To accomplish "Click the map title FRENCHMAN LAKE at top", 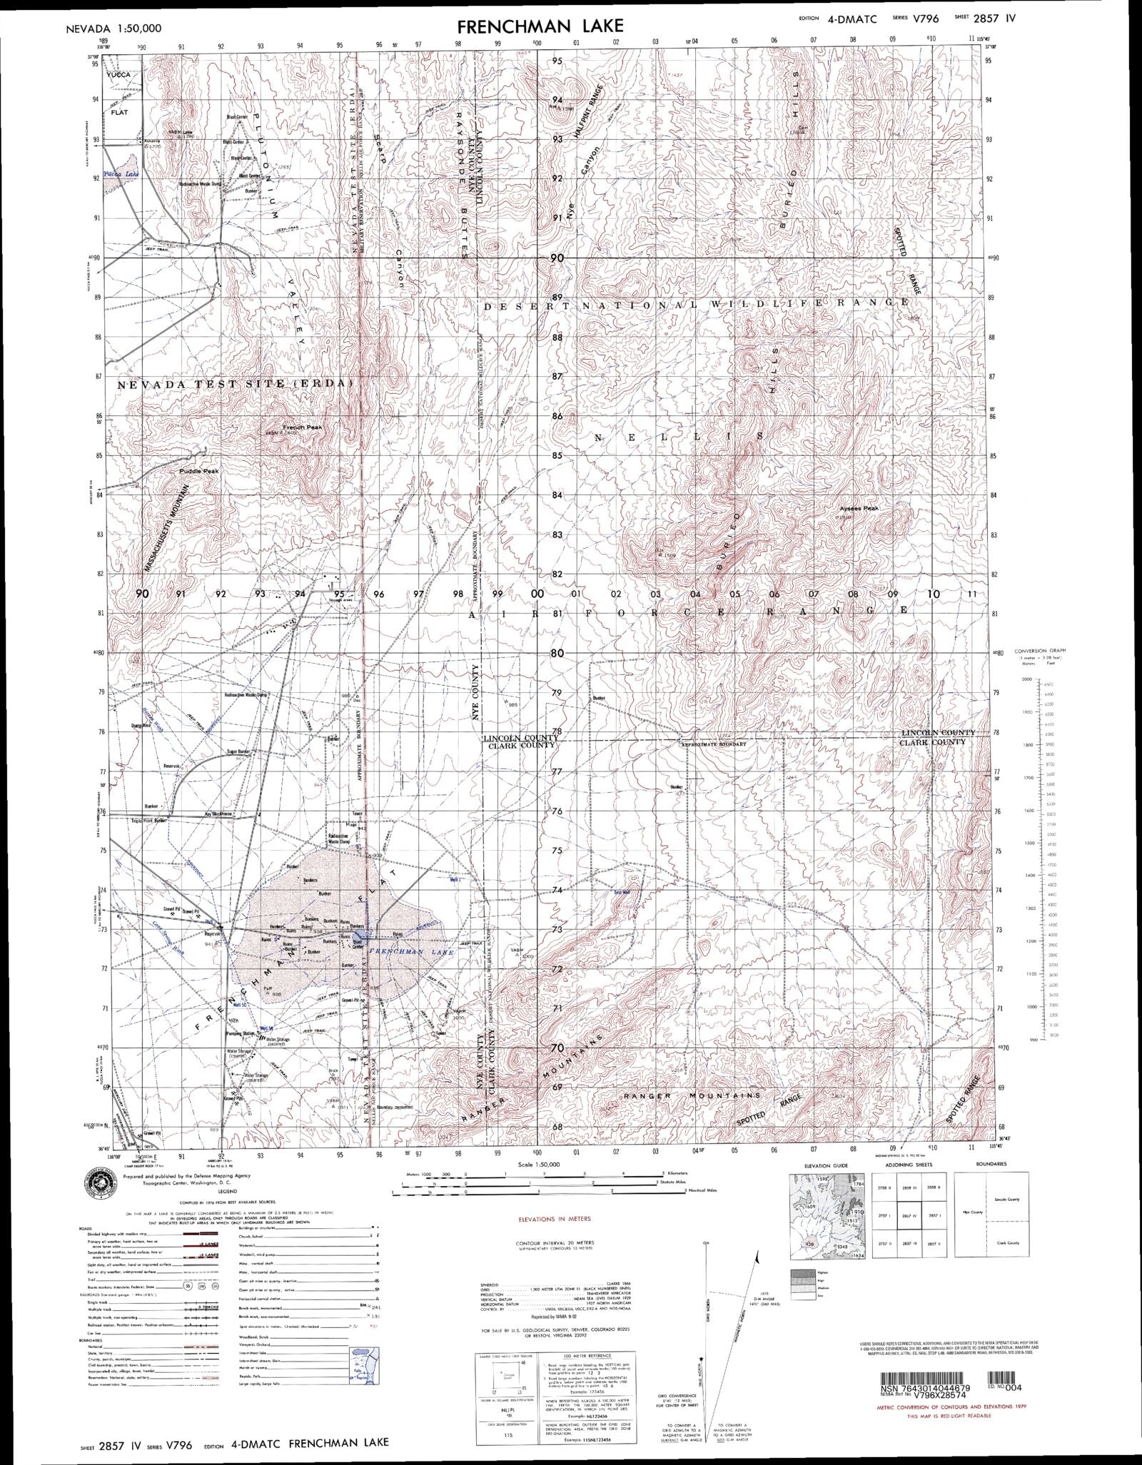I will [x=540, y=26].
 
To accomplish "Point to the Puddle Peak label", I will [x=199, y=471].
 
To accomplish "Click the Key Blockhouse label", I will [x=220, y=813].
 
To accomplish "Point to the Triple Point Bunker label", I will [x=150, y=821].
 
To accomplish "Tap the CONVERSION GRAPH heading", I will [x=1045, y=651].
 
